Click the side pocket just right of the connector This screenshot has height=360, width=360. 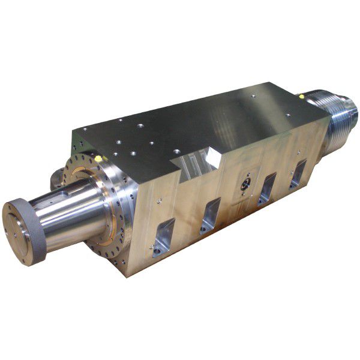268,189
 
